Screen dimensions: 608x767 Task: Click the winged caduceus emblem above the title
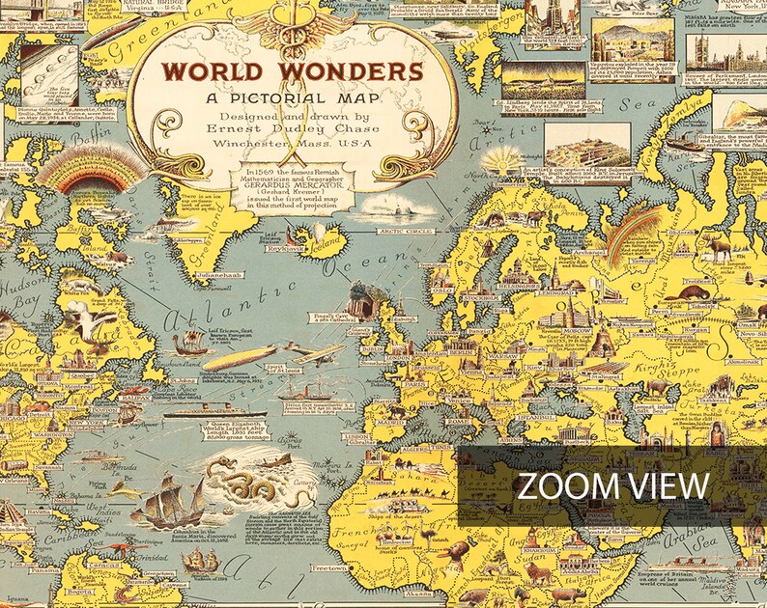point(294,25)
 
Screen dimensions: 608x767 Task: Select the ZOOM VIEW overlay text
point(611,485)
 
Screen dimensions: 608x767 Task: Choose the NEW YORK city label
point(88,424)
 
